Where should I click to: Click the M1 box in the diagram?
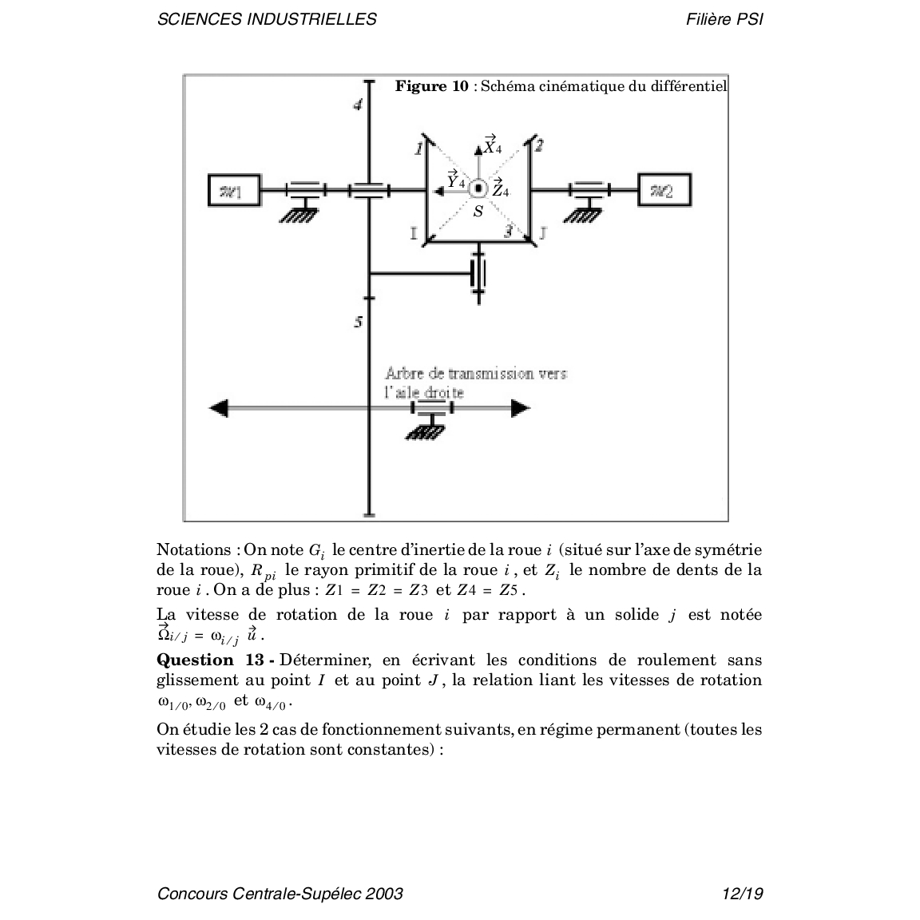233,190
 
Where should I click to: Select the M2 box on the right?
664,190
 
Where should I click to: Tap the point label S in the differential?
478,212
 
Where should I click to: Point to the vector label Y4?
455,180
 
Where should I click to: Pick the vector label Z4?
500,190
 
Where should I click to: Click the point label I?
414,233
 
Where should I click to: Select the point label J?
543,233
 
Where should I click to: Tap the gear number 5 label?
359,323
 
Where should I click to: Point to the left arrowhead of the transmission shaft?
218,408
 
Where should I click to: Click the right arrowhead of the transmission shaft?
520,408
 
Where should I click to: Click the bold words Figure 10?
432,86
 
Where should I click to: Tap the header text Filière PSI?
724,19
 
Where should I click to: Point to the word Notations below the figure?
192,549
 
